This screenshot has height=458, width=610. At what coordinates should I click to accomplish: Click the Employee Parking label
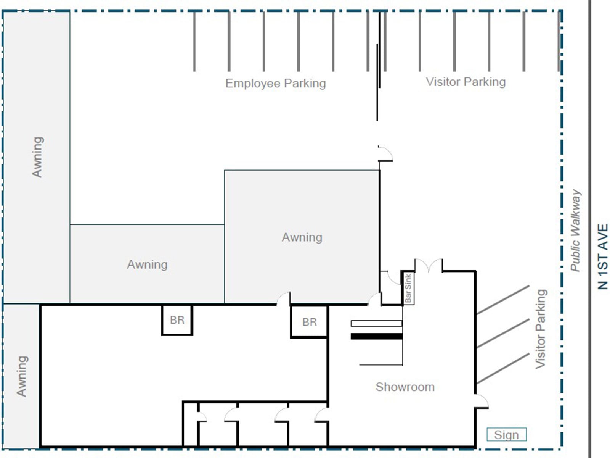pos(275,83)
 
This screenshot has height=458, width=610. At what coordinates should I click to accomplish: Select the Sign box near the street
pos(506,435)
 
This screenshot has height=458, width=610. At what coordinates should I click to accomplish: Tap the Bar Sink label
pos(408,288)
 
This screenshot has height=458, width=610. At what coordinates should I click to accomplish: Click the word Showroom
pos(405,387)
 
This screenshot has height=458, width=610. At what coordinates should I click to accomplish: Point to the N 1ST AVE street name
pos(602,256)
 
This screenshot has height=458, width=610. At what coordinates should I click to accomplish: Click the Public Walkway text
pos(575,231)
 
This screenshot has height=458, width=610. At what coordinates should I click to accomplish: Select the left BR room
pos(177,320)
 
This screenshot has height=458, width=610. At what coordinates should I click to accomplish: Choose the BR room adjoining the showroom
pos(309,322)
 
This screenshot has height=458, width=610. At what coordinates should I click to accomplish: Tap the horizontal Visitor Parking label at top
pos(466,82)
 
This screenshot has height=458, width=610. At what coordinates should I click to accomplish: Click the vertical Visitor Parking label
pos(541,329)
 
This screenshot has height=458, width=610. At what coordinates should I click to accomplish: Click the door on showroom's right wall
pos(481,401)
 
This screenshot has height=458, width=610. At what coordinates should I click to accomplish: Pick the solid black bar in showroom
pos(376,336)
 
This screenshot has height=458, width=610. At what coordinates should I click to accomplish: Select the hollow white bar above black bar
pos(376,324)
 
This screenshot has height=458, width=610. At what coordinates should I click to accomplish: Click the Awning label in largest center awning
pos(302,237)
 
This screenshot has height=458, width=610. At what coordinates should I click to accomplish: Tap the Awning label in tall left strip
pos(37,156)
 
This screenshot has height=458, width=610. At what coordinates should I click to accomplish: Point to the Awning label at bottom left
pos(22,376)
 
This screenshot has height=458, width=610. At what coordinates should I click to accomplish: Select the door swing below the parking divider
pos(385,153)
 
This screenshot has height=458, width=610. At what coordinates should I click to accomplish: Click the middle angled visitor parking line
pos(503,333)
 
